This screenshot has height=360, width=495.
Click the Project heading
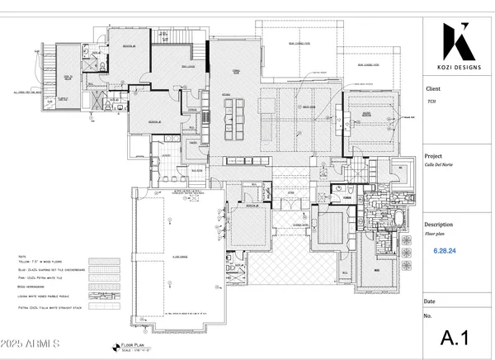point(436,155)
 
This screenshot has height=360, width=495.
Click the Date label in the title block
point(431,302)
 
